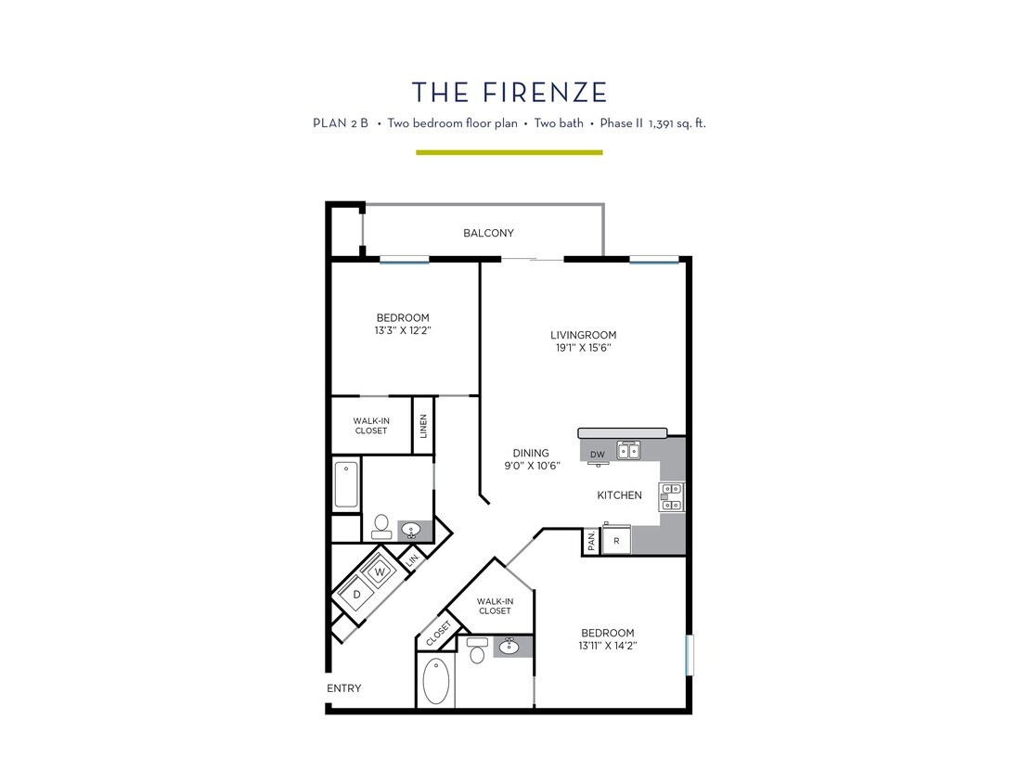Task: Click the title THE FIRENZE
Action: (509, 92)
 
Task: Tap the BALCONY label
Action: (488, 233)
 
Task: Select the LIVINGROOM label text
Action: (583, 335)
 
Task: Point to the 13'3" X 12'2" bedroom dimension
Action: (403, 329)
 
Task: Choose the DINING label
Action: (531, 453)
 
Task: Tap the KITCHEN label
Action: (619, 495)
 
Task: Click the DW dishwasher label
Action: (599, 454)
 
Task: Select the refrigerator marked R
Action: (616, 540)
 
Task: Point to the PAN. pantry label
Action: (591, 541)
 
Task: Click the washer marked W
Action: (379, 571)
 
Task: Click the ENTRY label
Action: (344, 688)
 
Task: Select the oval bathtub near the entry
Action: (436, 683)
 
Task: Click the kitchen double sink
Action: (629, 452)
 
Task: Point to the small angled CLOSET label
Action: (438, 635)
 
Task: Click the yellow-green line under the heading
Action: (509, 151)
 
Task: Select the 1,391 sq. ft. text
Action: (671, 122)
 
